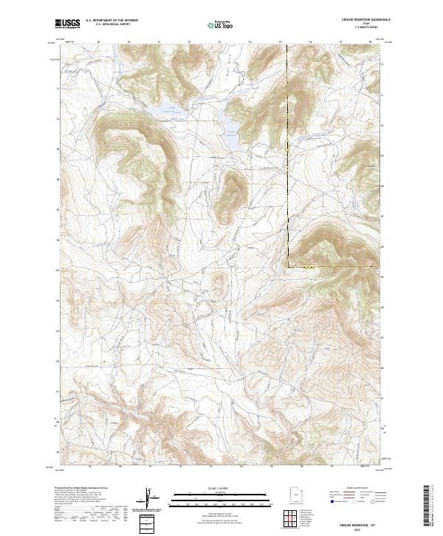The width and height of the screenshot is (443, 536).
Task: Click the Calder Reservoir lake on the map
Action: pyautogui.click(x=161, y=111)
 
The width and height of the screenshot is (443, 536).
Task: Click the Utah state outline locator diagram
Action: pyautogui.click(x=295, y=496)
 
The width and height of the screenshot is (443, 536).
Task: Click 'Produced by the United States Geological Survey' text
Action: pyautogui.click(x=82, y=489)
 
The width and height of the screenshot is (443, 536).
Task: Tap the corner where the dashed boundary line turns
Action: pyautogui.click(x=287, y=265)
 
